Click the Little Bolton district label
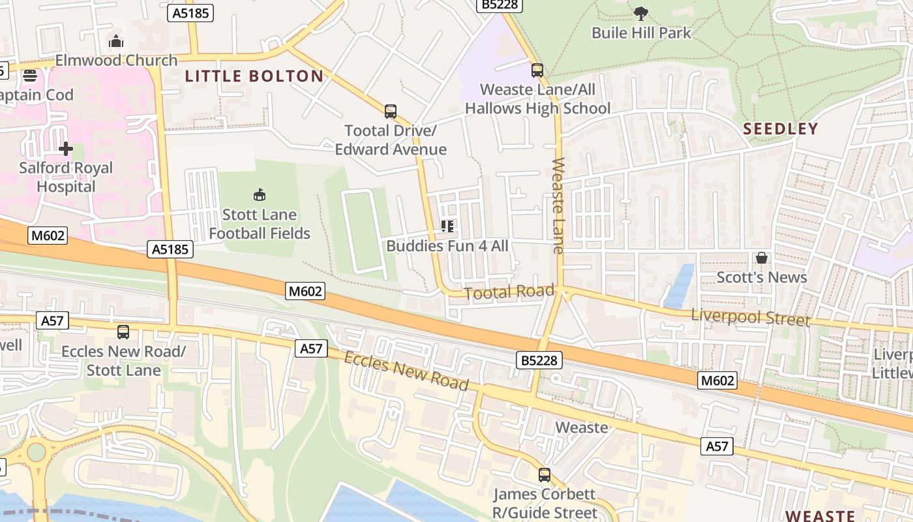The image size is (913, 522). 254,76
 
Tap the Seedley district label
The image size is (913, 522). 780,129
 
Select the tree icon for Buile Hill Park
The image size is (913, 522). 641,13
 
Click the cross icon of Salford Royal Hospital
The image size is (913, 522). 66,149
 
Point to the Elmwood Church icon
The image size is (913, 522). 116,42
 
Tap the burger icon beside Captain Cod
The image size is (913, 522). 30,76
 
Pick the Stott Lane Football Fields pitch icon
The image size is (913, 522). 260,194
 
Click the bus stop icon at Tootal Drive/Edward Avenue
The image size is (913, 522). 391,112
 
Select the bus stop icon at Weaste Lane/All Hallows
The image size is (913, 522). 537,70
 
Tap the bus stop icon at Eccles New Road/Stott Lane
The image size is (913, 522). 123,332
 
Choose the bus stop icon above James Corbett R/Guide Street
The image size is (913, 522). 545,475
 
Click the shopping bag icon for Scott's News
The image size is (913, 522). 761,258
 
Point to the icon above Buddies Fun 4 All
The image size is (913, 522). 447,226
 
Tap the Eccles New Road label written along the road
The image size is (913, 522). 406,371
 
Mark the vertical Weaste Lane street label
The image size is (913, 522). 558,205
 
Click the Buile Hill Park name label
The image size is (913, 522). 641,33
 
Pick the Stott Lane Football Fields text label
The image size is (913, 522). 260,224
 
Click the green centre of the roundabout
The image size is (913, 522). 36,452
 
